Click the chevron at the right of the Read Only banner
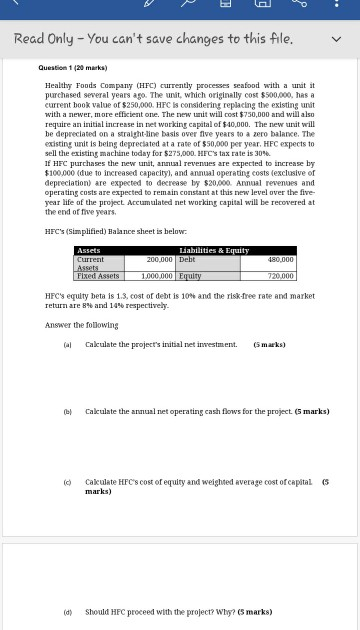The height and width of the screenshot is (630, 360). pos(338,39)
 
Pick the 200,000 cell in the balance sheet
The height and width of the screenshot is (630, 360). pos(156,258)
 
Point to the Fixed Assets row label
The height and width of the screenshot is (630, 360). pos(97,275)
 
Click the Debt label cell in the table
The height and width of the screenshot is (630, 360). pos(189,258)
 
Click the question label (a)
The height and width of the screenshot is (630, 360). pos(67,344)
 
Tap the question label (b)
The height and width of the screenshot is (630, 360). pos(67,411)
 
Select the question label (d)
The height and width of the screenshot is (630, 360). pos(67,611)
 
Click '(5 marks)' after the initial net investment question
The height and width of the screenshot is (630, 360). pos(270,344)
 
